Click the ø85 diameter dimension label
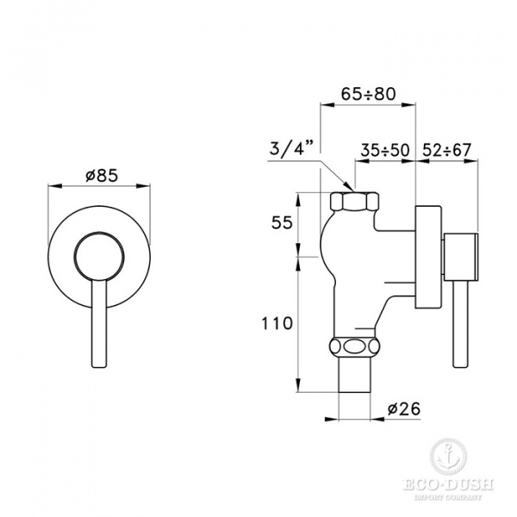point(100,175)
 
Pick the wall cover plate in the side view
point(428,257)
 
